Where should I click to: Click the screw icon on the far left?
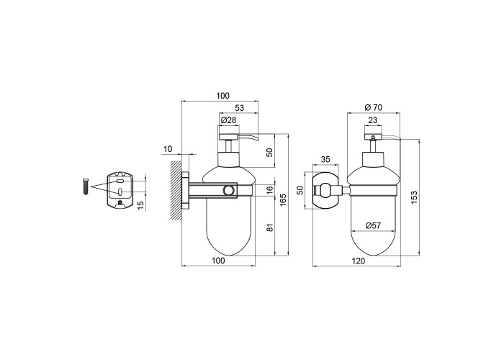click(86, 186)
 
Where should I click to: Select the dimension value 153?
click(414, 197)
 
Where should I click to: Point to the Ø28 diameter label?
click(228, 120)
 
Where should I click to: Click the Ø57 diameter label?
click(373, 225)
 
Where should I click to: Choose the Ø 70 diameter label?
click(374, 107)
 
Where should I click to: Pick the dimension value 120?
click(359, 261)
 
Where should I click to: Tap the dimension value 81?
click(270, 228)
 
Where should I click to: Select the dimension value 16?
click(270, 189)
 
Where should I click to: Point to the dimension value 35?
click(325, 159)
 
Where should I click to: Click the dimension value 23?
click(372, 120)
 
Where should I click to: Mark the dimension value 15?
click(140, 205)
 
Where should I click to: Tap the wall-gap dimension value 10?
click(168, 149)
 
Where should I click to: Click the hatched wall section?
click(176, 190)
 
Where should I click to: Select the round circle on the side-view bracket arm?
click(230, 190)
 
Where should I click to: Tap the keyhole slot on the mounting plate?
click(120, 192)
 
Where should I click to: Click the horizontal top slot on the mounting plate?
click(120, 181)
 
